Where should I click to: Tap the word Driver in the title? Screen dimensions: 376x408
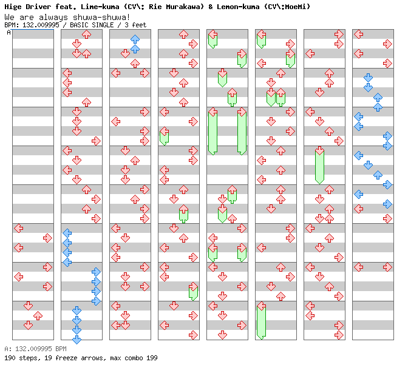36,7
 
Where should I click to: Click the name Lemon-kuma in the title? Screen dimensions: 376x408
229,7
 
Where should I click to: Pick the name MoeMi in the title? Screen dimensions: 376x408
297,7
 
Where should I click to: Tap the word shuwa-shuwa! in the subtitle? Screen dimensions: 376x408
100,16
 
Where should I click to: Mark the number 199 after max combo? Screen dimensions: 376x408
152,358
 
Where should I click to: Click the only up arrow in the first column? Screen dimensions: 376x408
38,315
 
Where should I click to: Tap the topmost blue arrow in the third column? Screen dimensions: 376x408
135,39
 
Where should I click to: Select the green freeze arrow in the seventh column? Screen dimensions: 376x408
319,165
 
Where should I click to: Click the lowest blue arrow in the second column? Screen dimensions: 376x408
76,339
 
